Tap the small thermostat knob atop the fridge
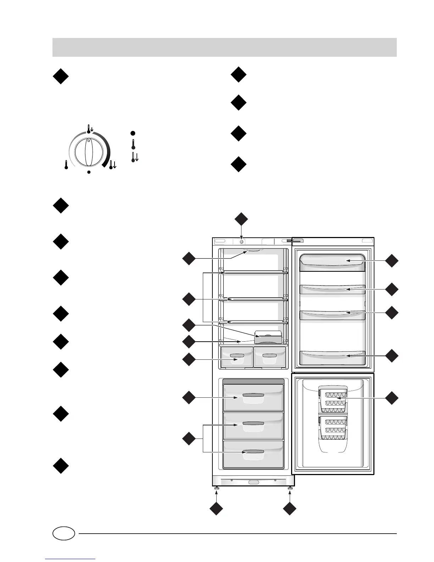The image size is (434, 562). (x=241, y=241)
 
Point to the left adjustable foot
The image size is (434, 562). (x=216, y=489)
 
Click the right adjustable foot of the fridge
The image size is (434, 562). (x=290, y=489)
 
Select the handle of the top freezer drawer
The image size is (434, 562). (x=253, y=395)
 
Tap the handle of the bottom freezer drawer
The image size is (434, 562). (x=253, y=452)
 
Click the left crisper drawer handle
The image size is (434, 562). (x=237, y=355)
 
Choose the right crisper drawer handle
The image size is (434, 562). (x=269, y=355)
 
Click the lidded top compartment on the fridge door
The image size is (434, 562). (x=332, y=262)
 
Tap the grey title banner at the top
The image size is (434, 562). (x=224, y=47)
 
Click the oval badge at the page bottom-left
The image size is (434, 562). (x=64, y=533)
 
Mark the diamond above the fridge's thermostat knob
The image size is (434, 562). (x=241, y=219)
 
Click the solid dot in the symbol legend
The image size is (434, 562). (x=133, y=133)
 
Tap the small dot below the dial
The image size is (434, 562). (x=89, y=172)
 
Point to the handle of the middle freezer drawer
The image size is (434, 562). (x=253, y=423)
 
